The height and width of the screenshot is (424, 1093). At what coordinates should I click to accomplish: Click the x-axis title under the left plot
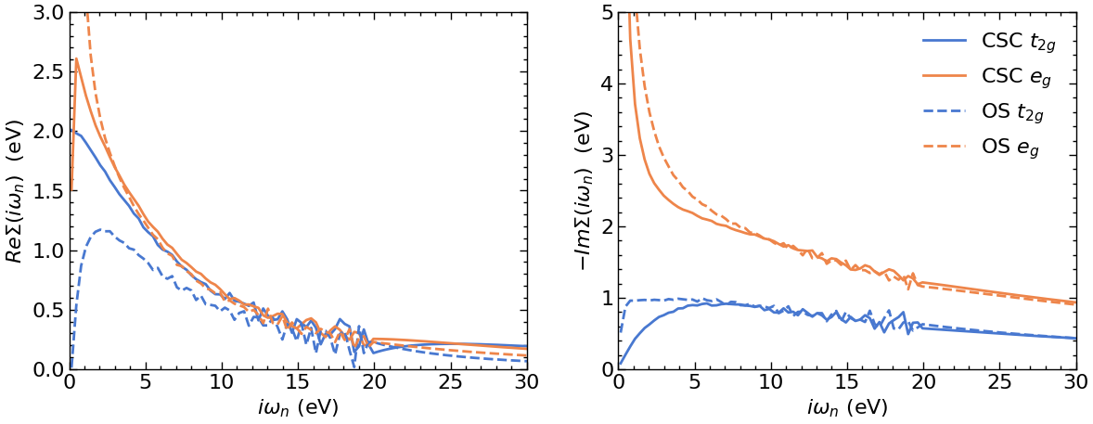click(x=298, y=407)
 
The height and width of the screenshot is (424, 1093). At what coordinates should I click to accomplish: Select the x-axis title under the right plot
click(x=847, y=407)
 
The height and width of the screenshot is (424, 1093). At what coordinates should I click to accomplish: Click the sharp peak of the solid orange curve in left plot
click(x=76, y=59)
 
